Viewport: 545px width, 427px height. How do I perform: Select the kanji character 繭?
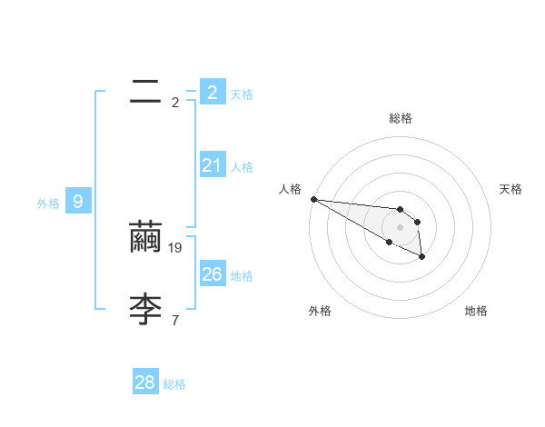(x=145, y=237)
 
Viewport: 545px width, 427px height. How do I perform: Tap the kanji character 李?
(x=145, y=309)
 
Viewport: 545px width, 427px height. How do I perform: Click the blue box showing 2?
(x=212, y=93)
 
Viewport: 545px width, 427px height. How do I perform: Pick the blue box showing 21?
(x=212, y=165)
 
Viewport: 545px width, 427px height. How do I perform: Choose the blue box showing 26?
(x=212, y=274)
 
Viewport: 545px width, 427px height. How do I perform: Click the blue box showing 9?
(x=78, y=202)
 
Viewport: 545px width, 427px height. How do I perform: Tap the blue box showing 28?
(x=144, y=382)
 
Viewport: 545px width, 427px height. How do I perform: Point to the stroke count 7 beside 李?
(x=175, y=320)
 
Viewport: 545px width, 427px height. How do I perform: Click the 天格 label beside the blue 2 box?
(x=242, y=94)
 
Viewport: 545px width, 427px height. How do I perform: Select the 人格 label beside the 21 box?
(x=242, y=167)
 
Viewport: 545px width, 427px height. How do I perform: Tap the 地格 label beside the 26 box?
(x=242, y=276)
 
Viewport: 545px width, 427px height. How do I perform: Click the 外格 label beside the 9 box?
(x=48, y=204)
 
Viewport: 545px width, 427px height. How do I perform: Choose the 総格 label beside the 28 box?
(x=174, y=384)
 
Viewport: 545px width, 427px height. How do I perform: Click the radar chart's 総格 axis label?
(x=401, y=118)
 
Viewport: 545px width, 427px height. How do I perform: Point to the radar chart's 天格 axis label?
(x=511, y=189)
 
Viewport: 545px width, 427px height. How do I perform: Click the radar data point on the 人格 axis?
(x=313, y=199)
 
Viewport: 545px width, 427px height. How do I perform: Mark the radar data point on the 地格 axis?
(x=422, y=258)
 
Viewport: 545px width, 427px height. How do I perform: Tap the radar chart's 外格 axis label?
(x=320, y=311)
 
